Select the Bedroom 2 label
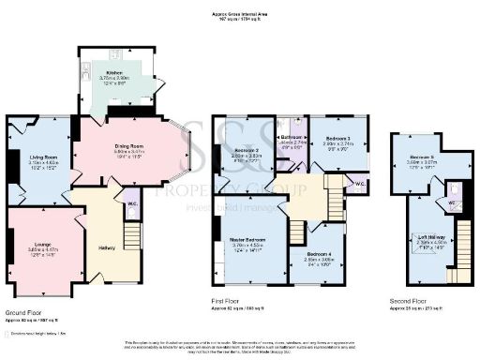(x=246, y=151)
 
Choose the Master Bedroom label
(x=248, y=242)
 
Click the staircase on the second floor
(x=457, y=253)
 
